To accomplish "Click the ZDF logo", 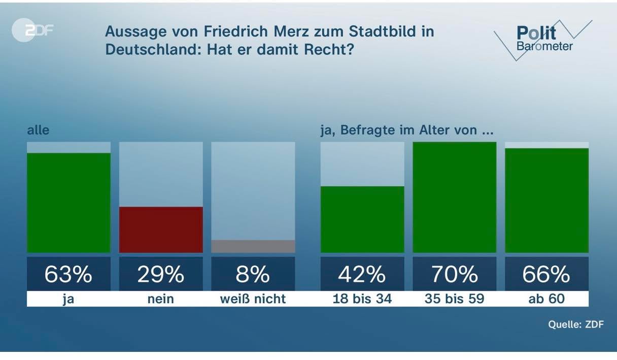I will click(32, 31).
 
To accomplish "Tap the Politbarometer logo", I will click(542, 40).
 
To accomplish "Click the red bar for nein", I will click(161, 229).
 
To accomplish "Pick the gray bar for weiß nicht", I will click(253, 246).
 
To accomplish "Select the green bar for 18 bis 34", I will click(362, 219).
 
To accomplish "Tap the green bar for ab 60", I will click(546, 200).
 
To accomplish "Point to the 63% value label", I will click(68, 274).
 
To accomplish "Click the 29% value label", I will click(161, 274).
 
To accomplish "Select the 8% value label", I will click(253, 274).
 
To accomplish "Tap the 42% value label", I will click(362, 274).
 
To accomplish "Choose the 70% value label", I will click(455, 274).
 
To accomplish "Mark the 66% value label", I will click(546, 274).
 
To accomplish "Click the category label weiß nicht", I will click(253, 299).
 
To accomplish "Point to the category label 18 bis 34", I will click(362, 299).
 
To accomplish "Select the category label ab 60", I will click(546, 299).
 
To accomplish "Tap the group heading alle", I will click(38, 130).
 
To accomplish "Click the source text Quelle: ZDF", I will click(576, 324).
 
